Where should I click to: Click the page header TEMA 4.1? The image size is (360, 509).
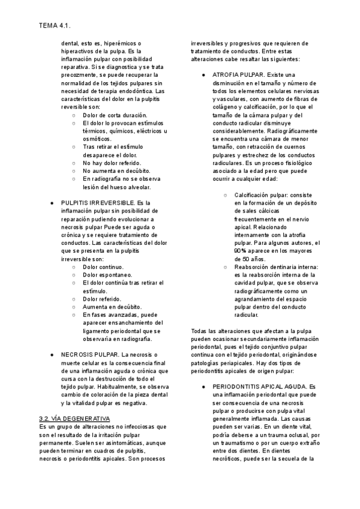pos(54,26)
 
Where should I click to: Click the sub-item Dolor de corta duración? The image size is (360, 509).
pos(115,115)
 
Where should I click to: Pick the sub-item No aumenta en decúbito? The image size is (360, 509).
pos(116,170)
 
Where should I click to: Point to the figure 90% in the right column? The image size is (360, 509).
pos(241,250)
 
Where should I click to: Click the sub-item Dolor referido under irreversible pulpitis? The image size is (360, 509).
pos(102,298)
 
